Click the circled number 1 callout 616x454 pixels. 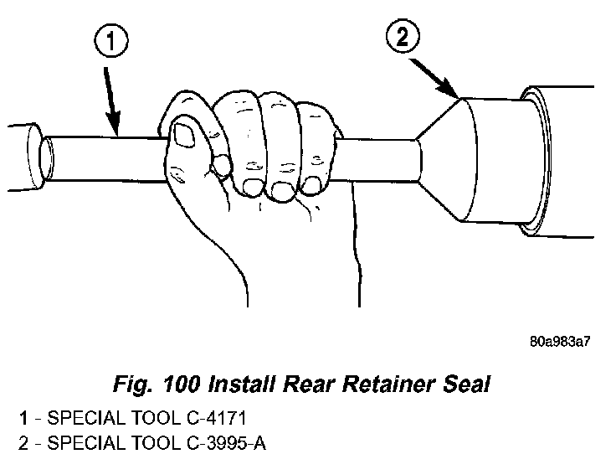[111, 41]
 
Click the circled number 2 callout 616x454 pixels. [403, 36]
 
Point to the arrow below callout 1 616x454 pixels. [111, 101]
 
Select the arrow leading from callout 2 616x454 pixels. [434, 78]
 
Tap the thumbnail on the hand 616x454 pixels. [184, 135]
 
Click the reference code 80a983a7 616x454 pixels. [560, 342]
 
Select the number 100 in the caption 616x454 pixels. [181, 384]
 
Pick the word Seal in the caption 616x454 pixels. [467, 384]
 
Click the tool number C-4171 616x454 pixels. [217, 418]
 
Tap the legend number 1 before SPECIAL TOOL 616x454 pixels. [23, 418]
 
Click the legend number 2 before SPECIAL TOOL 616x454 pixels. [23, 443]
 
